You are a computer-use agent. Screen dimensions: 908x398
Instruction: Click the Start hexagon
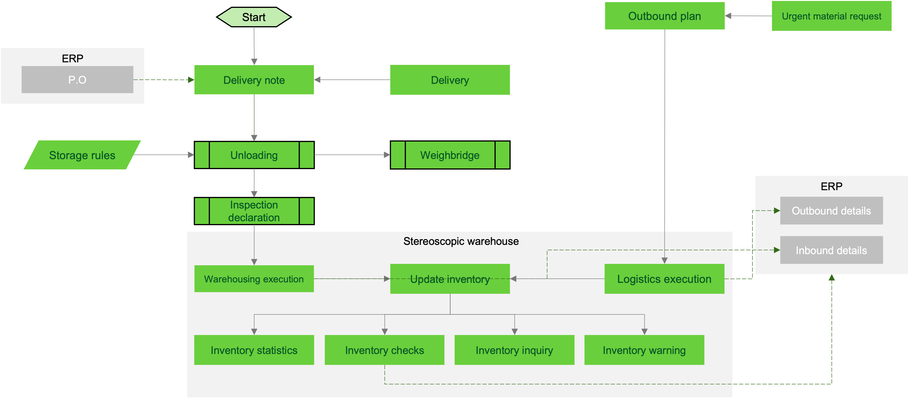(x=254, y=17)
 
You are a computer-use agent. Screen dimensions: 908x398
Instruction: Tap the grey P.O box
(x=78, y=80)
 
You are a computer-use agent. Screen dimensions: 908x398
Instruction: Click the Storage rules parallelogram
(x=82, y=155)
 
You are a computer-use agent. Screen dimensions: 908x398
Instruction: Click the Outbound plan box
(x=665, y=16)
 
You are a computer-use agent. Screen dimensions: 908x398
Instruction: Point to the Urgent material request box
(x=832, y=16)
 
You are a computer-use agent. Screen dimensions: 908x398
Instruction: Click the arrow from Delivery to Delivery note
(x=352, y=80)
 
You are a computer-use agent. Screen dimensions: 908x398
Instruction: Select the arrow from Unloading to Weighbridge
(x=352, y=155)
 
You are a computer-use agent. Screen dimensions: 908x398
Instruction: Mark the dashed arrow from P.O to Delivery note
(x=164, y=80)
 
